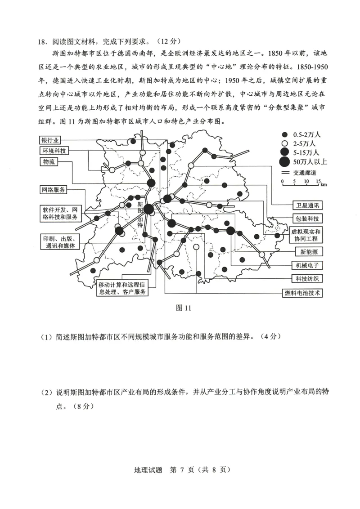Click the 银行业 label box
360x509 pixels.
(50, 140)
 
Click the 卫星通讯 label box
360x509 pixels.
(307, 205)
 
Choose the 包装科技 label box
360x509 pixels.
(307, 219)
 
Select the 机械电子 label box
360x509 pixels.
(307, 265)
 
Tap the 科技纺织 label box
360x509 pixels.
(307, 278)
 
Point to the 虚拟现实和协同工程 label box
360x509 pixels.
(307, 234)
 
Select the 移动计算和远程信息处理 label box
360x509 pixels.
(123, 288)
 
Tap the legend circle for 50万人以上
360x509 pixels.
(284, 162)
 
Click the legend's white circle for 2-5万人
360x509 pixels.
(284, 143)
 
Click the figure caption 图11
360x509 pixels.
(184, 308)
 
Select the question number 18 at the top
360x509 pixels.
(42, 42)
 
